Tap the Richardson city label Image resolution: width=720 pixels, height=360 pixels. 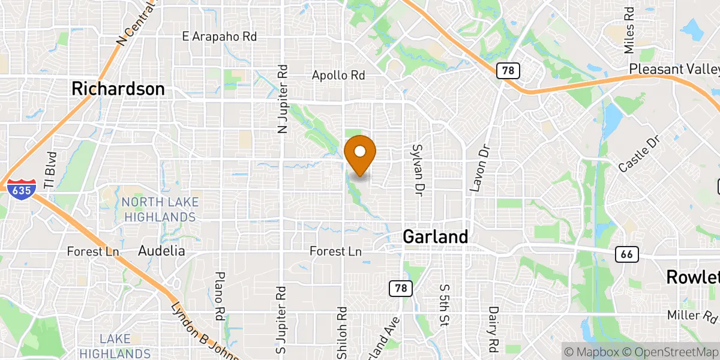coord(118,89)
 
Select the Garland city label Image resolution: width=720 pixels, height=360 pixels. coord(435,236)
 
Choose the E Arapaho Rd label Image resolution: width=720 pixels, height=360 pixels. coord(219,37)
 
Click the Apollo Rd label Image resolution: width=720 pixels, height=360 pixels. coord(338,76)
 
